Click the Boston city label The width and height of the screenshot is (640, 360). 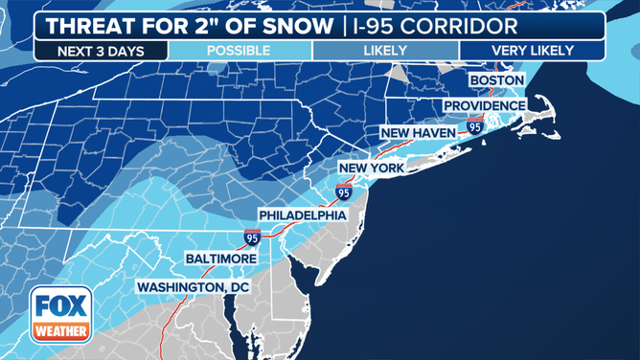tap(496, 79)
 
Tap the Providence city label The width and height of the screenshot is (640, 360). tap(484, 105)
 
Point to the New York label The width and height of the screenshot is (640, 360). tap(373, 168)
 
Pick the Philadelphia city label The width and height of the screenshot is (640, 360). tap(302, 215)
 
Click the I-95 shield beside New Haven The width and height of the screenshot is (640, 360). tap(475, 125)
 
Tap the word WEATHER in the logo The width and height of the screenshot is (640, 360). tap(60, 330)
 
